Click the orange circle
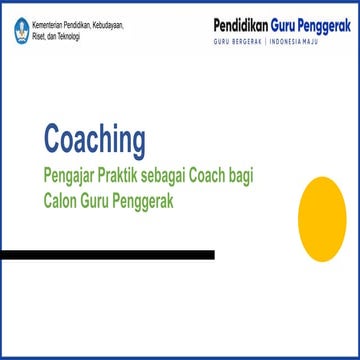tap(329, 216)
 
